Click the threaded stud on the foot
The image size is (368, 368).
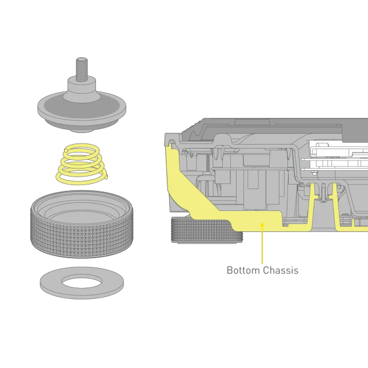(x=82, y=70)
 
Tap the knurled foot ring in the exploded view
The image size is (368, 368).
(x=82, y=224)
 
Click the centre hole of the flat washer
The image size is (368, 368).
(x=82, y=281)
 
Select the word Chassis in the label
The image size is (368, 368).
(x=281, y=270)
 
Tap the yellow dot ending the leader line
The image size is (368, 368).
(x=262, y=225)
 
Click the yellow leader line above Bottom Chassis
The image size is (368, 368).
(x=262, y=245)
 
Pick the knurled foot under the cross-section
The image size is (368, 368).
(x=206, y=230)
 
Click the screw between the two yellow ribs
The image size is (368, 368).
(x=323, y=193)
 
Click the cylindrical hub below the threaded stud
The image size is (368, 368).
(x=82, y=89)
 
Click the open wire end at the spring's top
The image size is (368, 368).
(x=67, y=150)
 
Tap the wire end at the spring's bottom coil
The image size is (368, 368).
(x=106, y=177)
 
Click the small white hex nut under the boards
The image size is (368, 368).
(x=313, y=173)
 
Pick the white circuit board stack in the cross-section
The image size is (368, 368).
(x=338, y=156)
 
